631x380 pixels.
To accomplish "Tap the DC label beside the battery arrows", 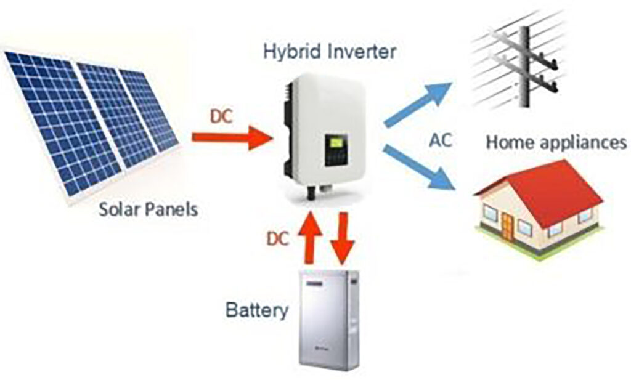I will [x=278, y=238].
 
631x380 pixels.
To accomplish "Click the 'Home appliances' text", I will [x=555, y=143].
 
